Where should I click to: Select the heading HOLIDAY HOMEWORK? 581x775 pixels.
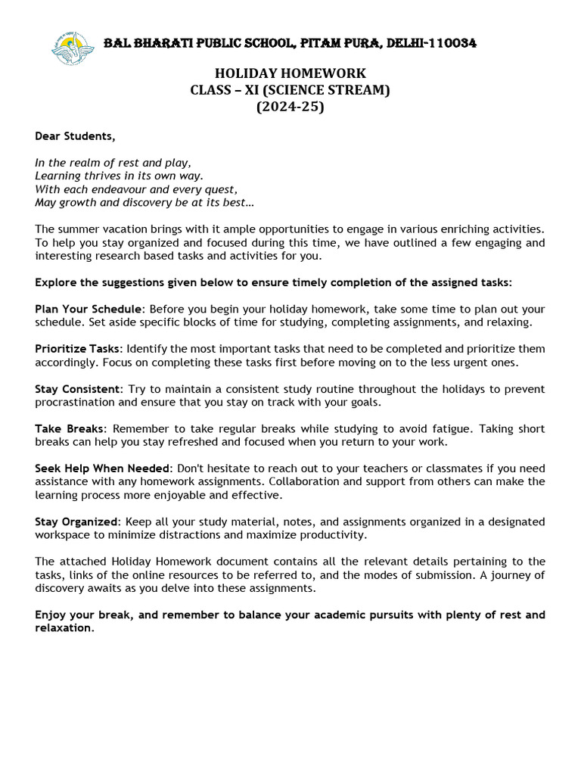coord(290,73)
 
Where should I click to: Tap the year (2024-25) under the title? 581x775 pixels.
coord(290,107)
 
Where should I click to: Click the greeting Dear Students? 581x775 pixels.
coord(76,136)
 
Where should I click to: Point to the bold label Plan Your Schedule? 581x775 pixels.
coord(88,310)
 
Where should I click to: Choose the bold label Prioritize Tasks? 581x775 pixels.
coord(77,349)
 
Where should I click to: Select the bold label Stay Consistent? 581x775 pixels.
coord(77,389)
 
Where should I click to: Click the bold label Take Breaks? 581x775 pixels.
coord(67,429)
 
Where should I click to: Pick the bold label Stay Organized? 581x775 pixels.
coord(76,521)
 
